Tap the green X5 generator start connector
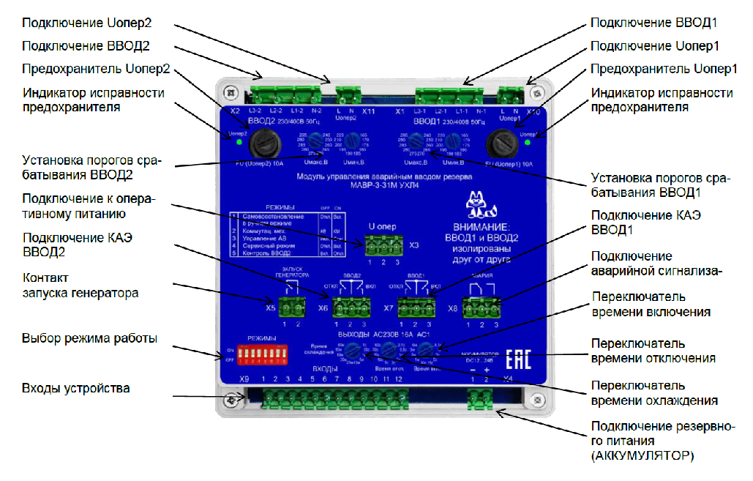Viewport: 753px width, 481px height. coord(291,305)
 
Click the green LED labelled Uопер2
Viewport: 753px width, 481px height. coord(239,142)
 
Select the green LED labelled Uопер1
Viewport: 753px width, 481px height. coord(528,141)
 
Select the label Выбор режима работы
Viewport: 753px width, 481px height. coord(89,338)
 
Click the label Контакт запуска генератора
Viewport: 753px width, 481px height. coord(80,286)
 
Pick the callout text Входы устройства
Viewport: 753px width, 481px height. coord(76,388)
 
